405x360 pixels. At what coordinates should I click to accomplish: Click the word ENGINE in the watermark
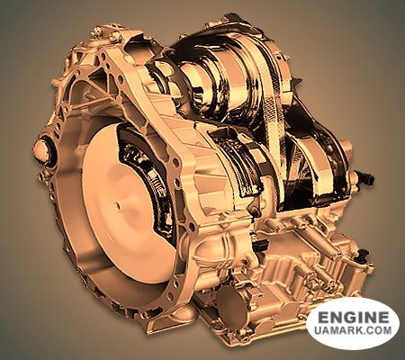pyautogui.click(x=353, y=318)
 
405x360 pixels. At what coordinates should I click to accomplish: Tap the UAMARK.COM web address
pyautogui.click(x=353, y=330)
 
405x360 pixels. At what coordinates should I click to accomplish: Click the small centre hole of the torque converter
pyautogui.click(x=118, y=205)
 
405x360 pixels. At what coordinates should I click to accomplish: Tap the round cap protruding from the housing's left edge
pyautogui.click(x=41, y=150)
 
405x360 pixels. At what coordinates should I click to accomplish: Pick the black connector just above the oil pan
pyautogui.click(x=260, y=246)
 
